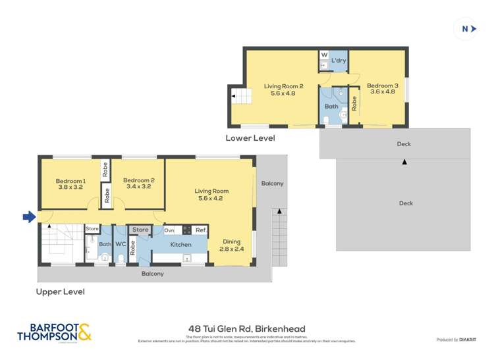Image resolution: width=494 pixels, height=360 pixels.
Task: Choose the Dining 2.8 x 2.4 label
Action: (231, 245)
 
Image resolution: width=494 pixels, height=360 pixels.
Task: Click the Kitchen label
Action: (180, 245)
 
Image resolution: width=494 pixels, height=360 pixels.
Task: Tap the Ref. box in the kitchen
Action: (201, 230)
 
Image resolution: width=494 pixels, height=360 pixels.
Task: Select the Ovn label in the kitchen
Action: (169, 230)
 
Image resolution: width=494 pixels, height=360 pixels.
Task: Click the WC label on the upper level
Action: (121, 245)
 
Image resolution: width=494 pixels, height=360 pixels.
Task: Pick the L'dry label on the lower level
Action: (339, 61)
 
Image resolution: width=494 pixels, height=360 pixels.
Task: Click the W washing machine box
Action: (324, 55)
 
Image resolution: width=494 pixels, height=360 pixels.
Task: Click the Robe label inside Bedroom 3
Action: (354, 103)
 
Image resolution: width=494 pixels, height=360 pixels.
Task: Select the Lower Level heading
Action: (250, 138)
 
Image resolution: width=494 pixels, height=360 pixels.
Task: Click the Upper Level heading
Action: (61, 291)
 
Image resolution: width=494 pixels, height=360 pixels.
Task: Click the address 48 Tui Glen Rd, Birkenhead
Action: (246, 329)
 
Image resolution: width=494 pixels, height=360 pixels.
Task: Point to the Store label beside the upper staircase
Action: (92, 229)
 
